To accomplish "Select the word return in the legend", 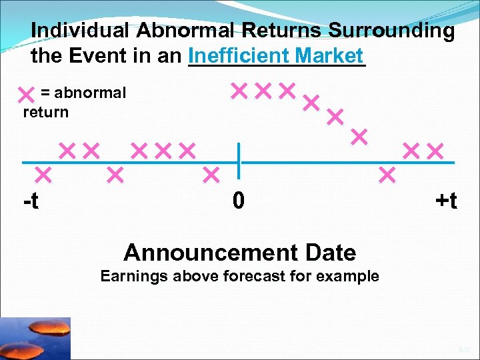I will coord(45,112).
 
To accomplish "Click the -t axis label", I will coord(31,199).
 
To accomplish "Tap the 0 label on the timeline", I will coord(239,199).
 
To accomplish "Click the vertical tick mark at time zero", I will coord(239,162).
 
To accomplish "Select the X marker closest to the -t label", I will coord(43,175).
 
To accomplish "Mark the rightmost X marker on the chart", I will coord(435,151).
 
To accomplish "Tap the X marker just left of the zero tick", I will coord(211,175).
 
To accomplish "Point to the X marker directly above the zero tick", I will coord(239,90).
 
